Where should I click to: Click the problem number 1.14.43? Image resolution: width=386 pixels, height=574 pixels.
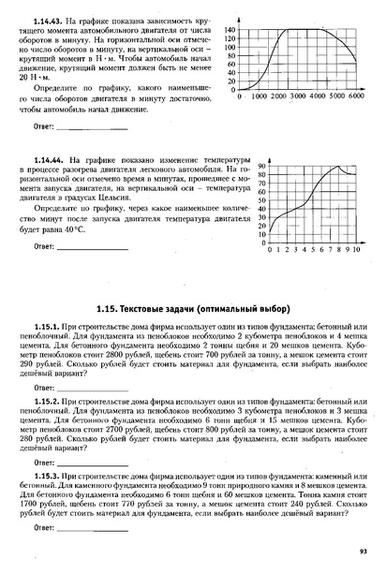pyautogui.click(x=48, y=21)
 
